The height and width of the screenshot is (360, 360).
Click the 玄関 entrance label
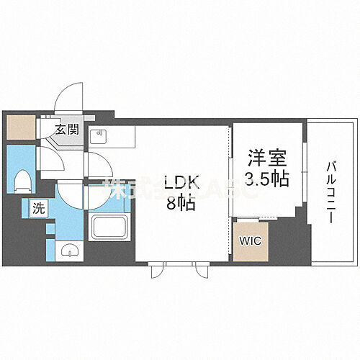(x=69, y=130)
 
